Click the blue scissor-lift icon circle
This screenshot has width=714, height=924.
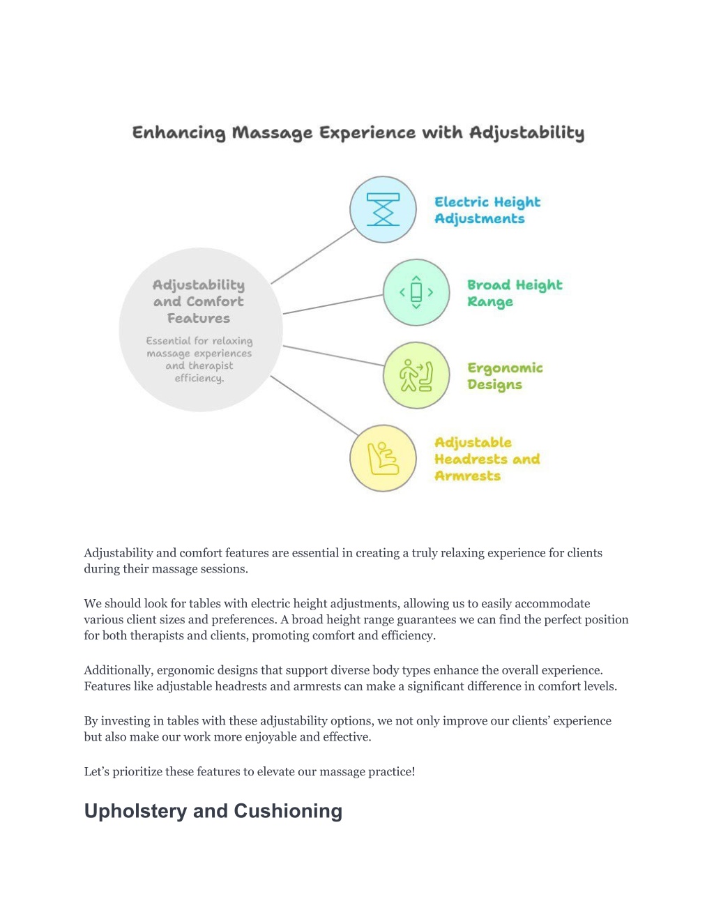[x=383, y=210]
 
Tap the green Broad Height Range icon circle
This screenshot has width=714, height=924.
[x=416, y=293]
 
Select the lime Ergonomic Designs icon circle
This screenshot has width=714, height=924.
[x=416, y=375]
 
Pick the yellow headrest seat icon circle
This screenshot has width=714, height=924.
[x=383, y=458]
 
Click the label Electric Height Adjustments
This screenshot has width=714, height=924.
[x=487, y=210]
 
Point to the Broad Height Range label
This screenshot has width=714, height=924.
[x=515, y=293]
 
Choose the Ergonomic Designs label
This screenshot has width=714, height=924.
[x=505, y=376]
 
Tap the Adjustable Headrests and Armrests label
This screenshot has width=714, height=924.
[x=487, y=459]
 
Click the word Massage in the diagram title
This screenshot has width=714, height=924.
[x=272, y=133]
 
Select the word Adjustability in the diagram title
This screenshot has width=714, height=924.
[x=527, y=133]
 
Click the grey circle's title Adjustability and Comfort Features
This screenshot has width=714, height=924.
[x=199, y=301]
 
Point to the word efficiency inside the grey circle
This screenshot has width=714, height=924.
[x=199, y=378]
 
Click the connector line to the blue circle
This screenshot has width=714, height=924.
[x=313, y=256]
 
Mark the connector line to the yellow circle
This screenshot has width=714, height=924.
[x=314, y=406]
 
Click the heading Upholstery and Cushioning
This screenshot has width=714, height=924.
[x=213, y=811]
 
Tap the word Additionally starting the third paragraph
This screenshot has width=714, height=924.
[x=118, y=671]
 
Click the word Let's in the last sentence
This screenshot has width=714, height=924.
[x=96, y=772]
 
